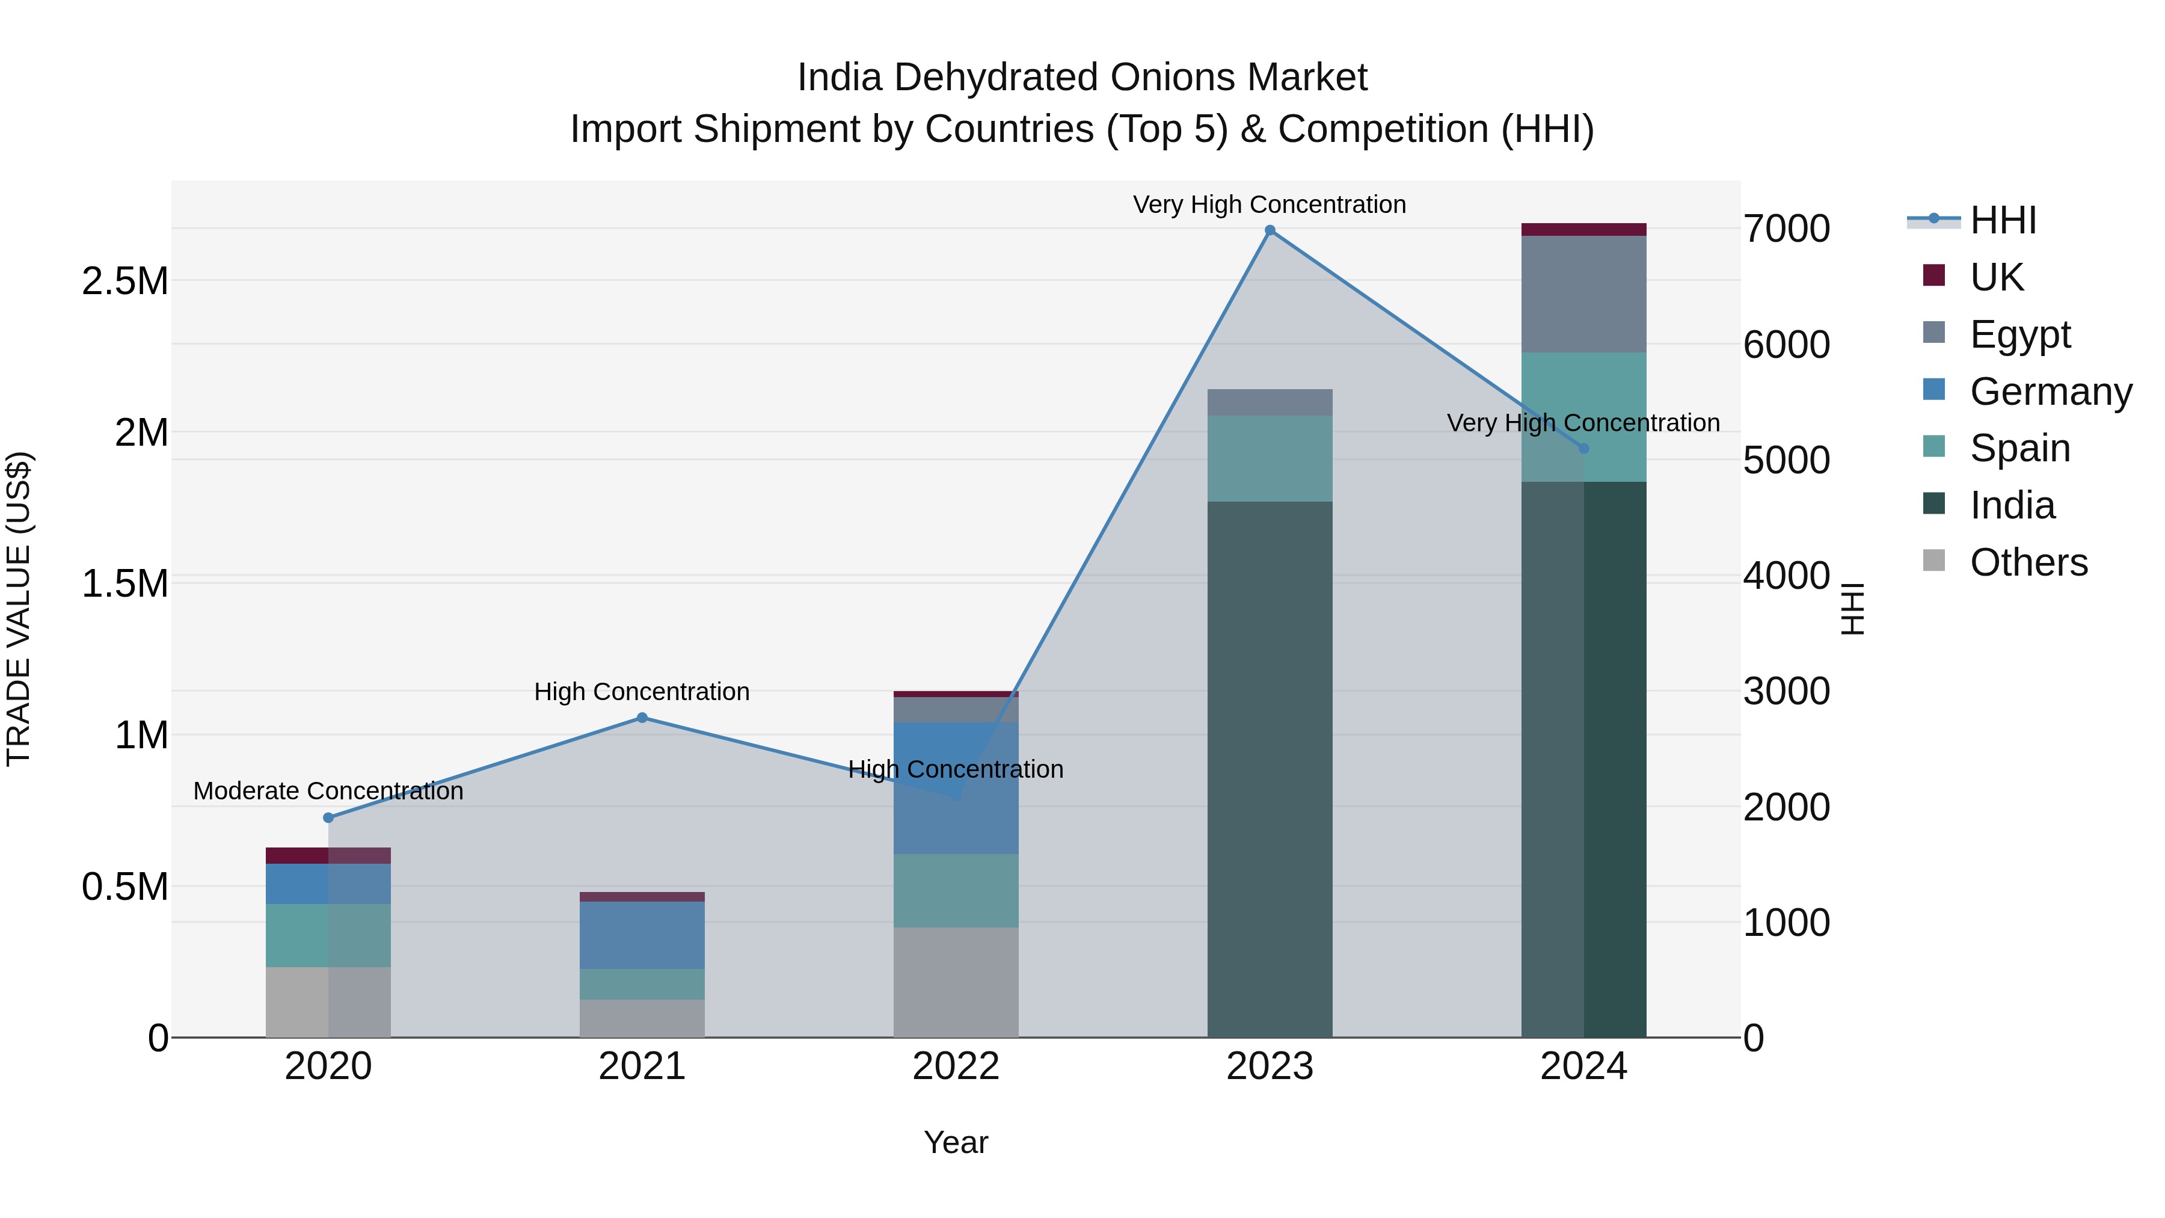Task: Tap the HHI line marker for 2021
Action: click(x=642, y=718)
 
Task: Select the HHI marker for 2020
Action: click(x=328, y=818)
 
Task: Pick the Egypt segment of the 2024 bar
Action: click(x=1583, y=294)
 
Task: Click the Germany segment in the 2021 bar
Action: click(x=642, y=935)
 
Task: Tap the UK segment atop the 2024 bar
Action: click(x=1583, y=230)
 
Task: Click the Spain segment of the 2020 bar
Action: click(x=328, y=935)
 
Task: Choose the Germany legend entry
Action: click(x=2050, y=392)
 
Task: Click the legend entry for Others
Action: click(x=2028, y=562)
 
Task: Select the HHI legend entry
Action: click(x=2002, y=220)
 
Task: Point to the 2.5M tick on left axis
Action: click(x=125, y=281)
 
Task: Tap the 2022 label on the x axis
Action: click(x=956, y=1066)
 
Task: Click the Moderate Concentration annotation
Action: click(x=328, y=791)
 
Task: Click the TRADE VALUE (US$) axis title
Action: click(x=19, y=609)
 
